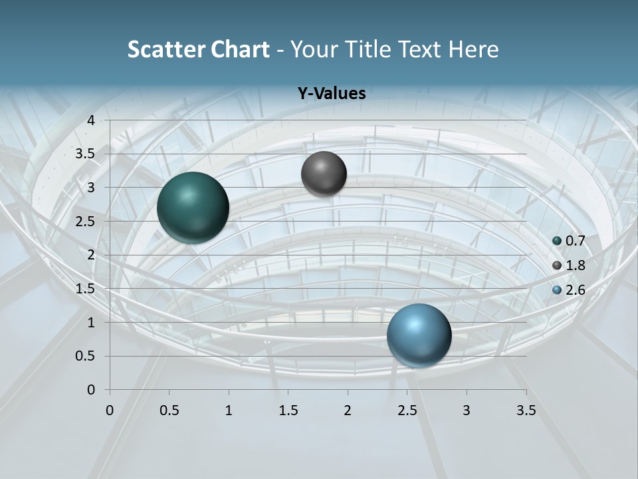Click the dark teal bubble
[193, 208]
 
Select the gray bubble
[324, 174]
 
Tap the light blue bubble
[419, 335]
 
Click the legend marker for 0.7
[557, 241]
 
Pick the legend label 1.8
[575, 265]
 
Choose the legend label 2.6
[575, 290]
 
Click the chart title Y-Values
[331, 94]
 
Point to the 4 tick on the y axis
[91, 120]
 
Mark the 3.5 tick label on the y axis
[86, 154]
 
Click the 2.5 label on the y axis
[86, 222]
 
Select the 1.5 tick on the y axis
[86, 289]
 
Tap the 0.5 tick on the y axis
[86, 356]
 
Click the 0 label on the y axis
[91, 390]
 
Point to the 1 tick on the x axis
[229, 409]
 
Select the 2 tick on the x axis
[348, 409]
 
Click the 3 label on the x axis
[467, 409]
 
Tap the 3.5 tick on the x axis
[526, 409]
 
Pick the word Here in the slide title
[473, 49]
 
